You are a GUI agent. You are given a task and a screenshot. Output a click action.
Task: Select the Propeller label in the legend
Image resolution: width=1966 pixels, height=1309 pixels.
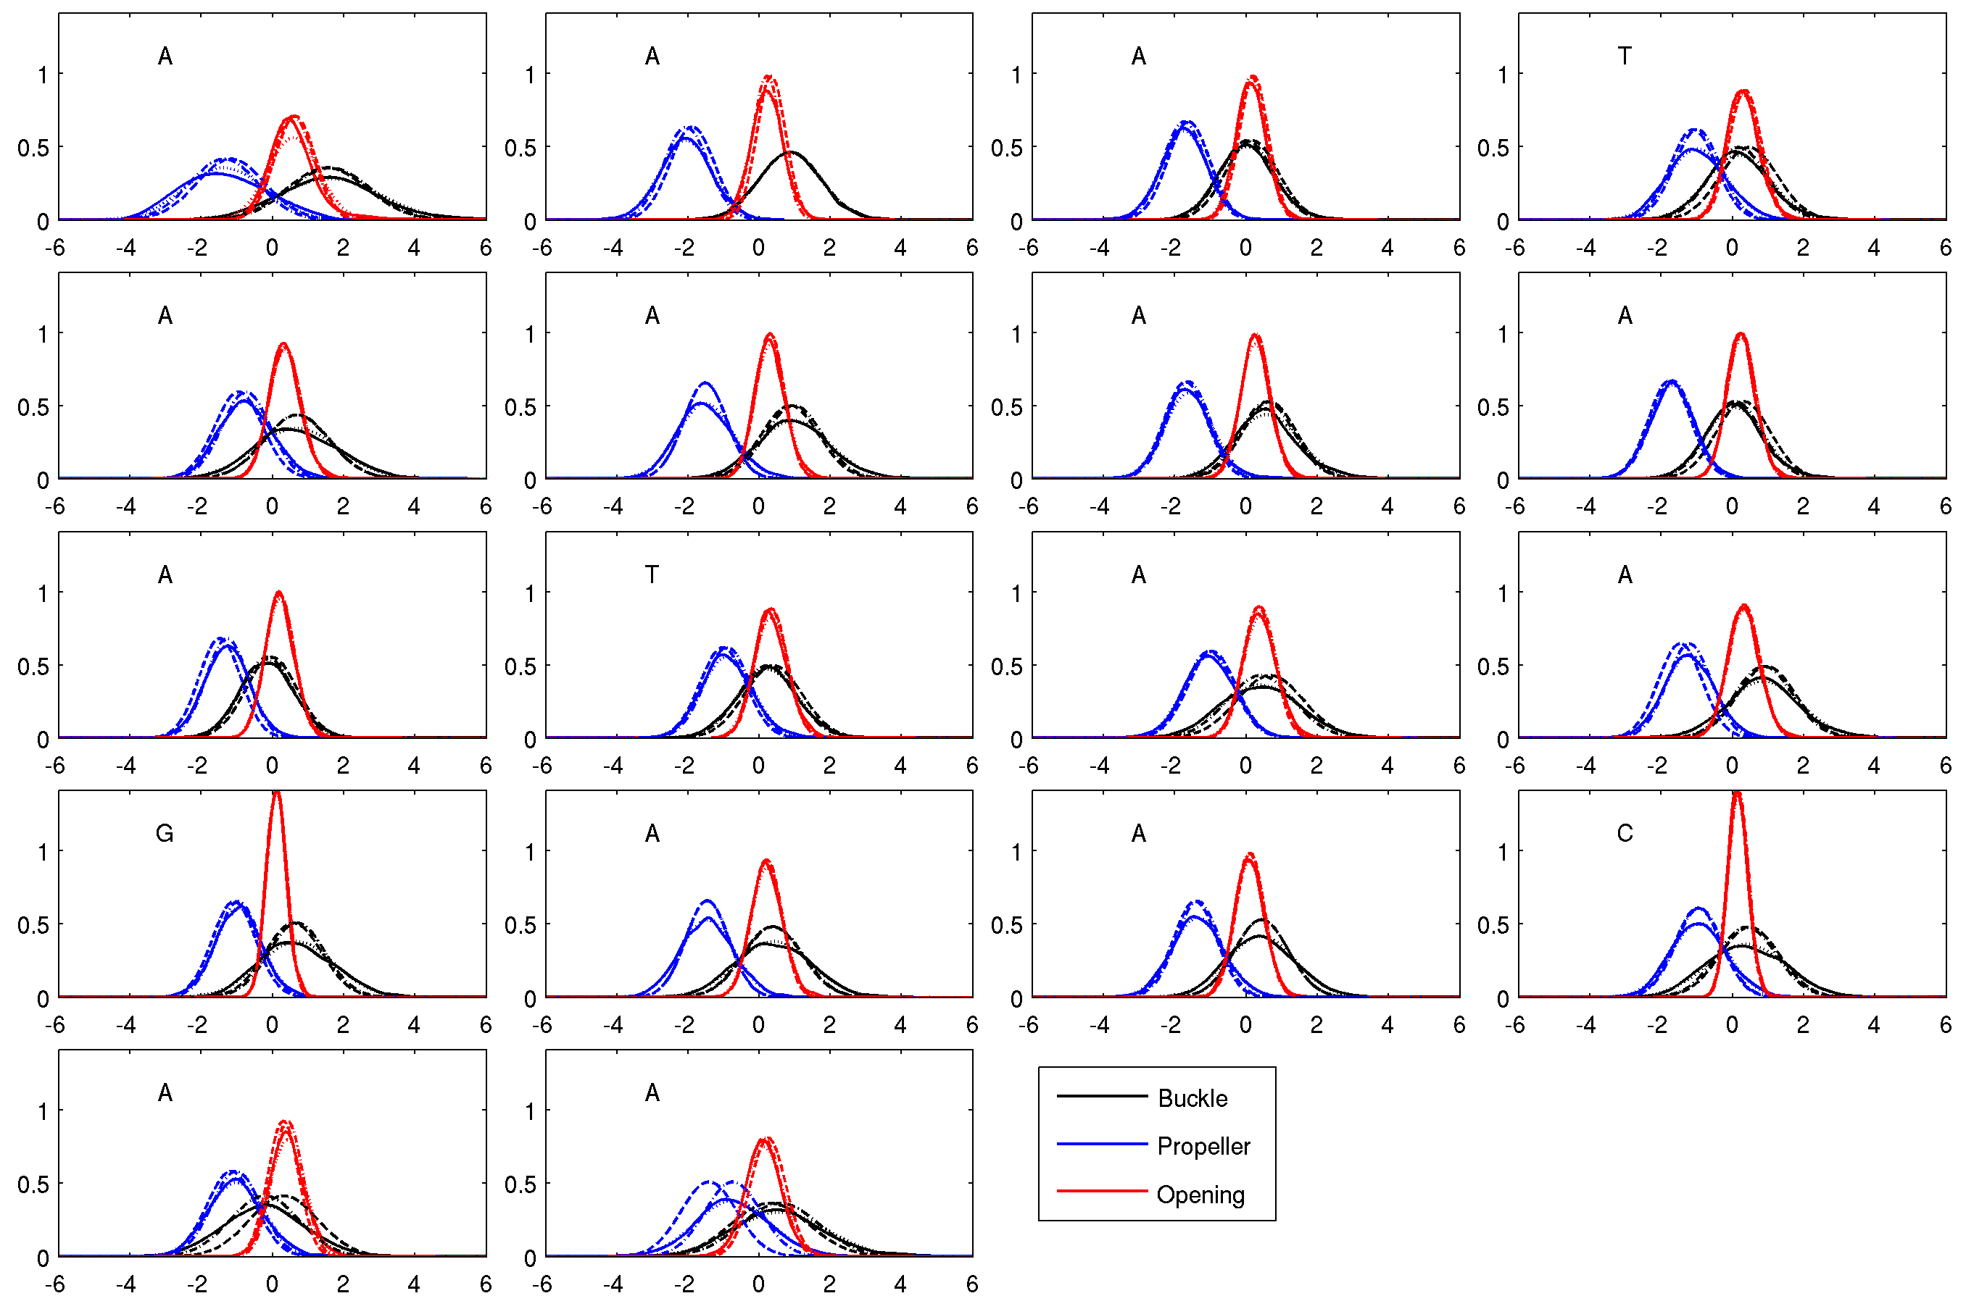pos(1203,1146)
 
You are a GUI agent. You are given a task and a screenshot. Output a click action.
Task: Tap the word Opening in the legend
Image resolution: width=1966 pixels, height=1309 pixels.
pos(1200,1195)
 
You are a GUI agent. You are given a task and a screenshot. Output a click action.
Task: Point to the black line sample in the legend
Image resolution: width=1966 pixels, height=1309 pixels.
pos(1102,1095)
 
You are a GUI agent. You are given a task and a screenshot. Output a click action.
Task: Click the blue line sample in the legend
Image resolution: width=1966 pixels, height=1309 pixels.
pos(1102,1144)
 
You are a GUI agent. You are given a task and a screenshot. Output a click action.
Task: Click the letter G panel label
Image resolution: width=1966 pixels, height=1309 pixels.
pos(165,833)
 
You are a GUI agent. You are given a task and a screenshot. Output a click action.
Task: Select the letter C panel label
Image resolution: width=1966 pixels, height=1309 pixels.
pos(1625,833)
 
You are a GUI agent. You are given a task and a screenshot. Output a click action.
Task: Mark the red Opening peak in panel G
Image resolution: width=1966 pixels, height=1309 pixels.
pos(276,793)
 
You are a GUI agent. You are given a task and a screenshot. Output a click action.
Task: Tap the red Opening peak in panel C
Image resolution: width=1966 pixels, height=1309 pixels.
pos(1737,793)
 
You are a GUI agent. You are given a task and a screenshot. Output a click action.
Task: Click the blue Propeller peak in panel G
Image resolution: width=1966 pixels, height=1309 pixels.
pos(236,903)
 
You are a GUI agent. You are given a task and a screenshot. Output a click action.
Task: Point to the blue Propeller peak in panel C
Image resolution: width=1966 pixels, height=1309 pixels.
pos(1699,909)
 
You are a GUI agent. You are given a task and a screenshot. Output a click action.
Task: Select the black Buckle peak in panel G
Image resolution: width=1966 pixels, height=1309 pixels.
pos(296,924)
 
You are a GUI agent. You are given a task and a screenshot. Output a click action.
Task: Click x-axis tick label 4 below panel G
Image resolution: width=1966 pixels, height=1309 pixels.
pos(414,1024)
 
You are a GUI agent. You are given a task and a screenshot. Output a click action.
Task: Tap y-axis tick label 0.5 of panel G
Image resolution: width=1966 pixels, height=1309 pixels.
pos(33,924)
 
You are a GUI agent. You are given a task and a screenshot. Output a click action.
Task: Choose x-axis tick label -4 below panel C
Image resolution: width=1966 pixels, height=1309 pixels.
pos(1586,1024)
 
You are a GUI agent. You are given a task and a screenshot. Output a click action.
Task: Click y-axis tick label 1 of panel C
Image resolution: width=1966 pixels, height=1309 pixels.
pos(1503,853)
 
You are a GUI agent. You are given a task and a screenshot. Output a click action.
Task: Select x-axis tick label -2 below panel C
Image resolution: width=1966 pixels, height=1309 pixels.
pos(1657,1024)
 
